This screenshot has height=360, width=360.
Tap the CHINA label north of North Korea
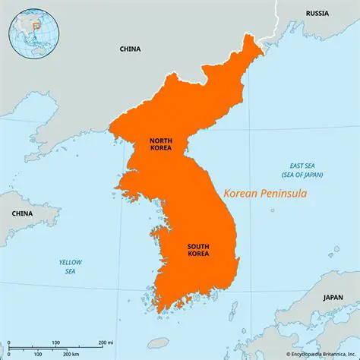[130, 49]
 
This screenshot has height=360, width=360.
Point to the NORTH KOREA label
[160, 145]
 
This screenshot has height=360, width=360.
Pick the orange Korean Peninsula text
[265, 194]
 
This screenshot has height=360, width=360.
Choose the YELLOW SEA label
[71, 267]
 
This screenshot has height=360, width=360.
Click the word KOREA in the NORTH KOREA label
[160, 150]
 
